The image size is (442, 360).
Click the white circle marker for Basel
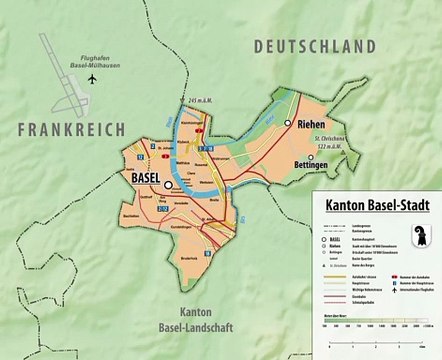pyautogui.click(x=169, y=185)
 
